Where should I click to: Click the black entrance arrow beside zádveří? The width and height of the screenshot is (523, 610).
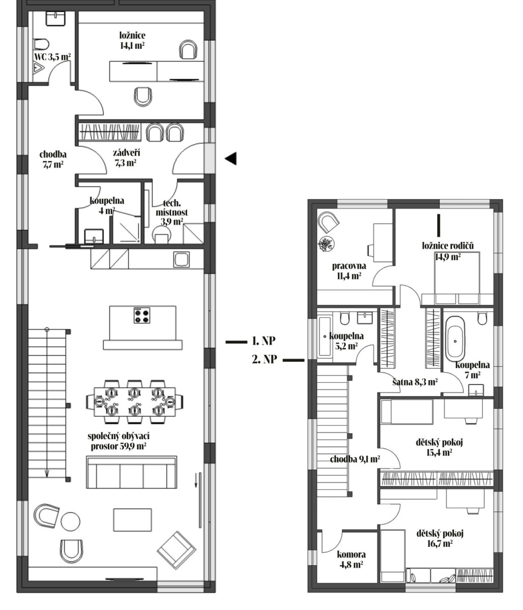pos(231,159)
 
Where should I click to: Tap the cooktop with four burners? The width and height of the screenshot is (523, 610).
pos(142,315)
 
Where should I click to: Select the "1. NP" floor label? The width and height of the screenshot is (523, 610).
pos(264,341)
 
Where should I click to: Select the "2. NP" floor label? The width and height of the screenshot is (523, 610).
pos(264,359)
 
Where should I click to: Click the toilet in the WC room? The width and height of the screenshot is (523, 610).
pos(41,44)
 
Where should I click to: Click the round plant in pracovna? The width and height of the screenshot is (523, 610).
pos(326,245)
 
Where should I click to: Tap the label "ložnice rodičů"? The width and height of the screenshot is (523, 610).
pos(448,246)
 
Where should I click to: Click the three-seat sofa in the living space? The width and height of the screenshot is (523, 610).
pos(132,472)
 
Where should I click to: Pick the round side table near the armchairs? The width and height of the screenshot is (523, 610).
pos(70,521)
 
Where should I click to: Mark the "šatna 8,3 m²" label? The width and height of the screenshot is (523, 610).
pos(415,382)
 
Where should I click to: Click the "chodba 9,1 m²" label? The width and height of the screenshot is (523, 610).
pos(354,459)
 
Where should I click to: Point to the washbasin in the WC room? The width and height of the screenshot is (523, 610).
pos(55,18)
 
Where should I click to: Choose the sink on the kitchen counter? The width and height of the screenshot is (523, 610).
pos(181,259)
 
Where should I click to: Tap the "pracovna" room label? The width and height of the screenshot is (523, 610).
pos(349,265)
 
